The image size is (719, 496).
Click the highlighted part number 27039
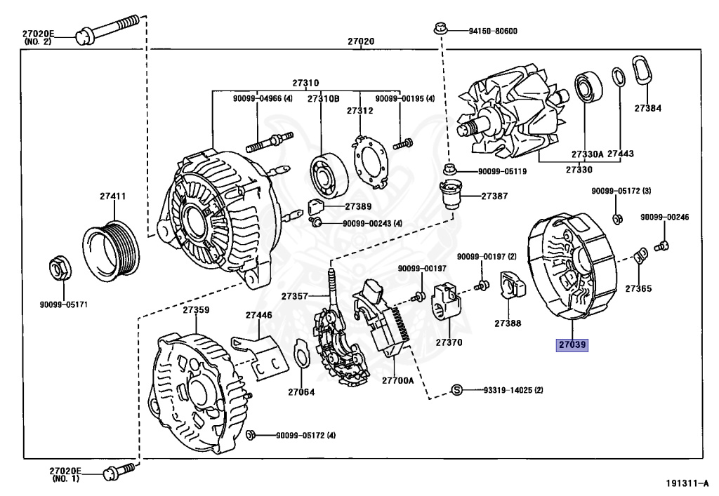[572, 344]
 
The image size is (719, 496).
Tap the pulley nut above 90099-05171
[59, 270]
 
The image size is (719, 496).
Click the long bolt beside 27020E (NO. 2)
[112, 30]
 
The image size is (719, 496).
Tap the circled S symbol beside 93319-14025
[456, 390]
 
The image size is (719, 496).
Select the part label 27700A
[396, 380]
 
